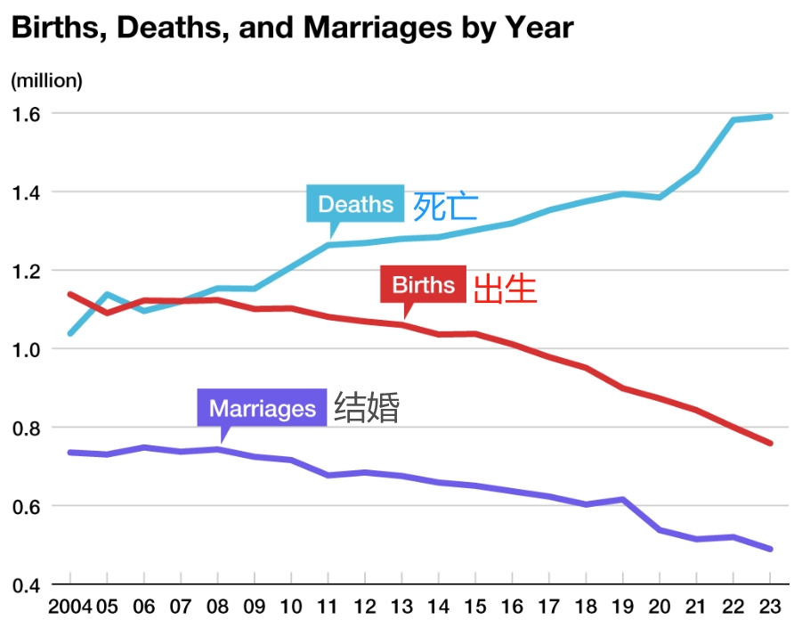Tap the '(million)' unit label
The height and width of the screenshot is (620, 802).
46,80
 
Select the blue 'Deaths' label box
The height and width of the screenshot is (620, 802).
355,204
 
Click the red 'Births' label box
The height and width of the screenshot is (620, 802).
423,284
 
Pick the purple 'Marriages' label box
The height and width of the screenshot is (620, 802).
262,408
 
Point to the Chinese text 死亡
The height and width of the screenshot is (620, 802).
446,206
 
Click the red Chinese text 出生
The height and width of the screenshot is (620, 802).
505,289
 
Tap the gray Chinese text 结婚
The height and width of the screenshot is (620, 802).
367,407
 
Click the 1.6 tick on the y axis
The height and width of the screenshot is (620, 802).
27,113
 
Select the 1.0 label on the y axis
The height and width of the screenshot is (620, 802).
27,349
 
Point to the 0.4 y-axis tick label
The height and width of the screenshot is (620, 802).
27,585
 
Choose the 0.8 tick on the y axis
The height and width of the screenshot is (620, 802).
27,428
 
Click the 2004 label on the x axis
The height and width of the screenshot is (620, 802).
69,607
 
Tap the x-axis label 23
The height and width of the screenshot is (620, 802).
770,607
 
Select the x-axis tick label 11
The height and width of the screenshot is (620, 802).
328,607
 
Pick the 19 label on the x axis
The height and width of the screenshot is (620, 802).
622,607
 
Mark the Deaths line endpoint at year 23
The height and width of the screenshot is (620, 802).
770,117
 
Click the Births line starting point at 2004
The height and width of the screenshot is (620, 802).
70,294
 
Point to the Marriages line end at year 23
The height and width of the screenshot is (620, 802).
770,549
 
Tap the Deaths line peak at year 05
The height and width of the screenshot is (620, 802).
107,294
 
